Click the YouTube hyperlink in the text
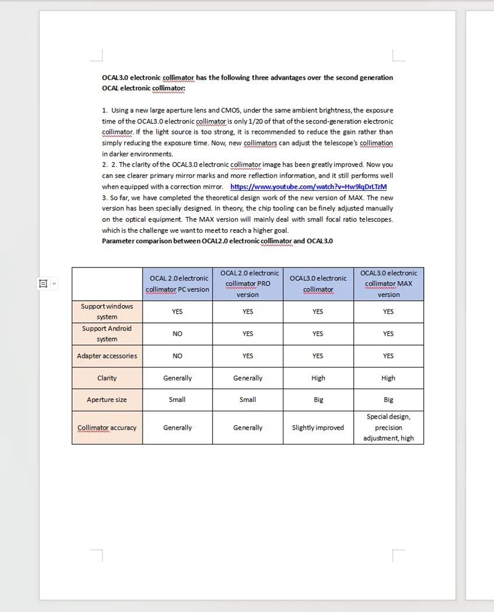(x=308, y=187)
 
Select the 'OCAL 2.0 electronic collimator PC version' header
(x=177, y=284)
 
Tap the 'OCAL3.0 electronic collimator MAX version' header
(x=388, y=283)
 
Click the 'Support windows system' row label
(x=107, y=311)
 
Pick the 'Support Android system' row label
(x=107, y=333)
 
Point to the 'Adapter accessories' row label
(x=107, y=356)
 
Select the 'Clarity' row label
(x=107, y=378)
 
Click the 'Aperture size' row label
(x=107, y=400)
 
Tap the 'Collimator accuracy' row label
(x=107, y=427)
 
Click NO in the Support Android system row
(x=177, y=333)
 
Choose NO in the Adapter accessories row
(x=177, y=356)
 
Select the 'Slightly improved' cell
(x=318, y=427)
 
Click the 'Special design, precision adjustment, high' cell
(x=388, y=427)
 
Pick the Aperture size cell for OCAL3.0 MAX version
(x=388, y=400)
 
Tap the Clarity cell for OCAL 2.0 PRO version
(x=248, y=378)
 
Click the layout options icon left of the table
(x=43, y=283)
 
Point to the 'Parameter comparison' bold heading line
(x=217, y=241)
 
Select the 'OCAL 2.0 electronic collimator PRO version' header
(x=248, y=283)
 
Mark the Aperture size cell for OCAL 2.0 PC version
(x=177, y=400)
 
